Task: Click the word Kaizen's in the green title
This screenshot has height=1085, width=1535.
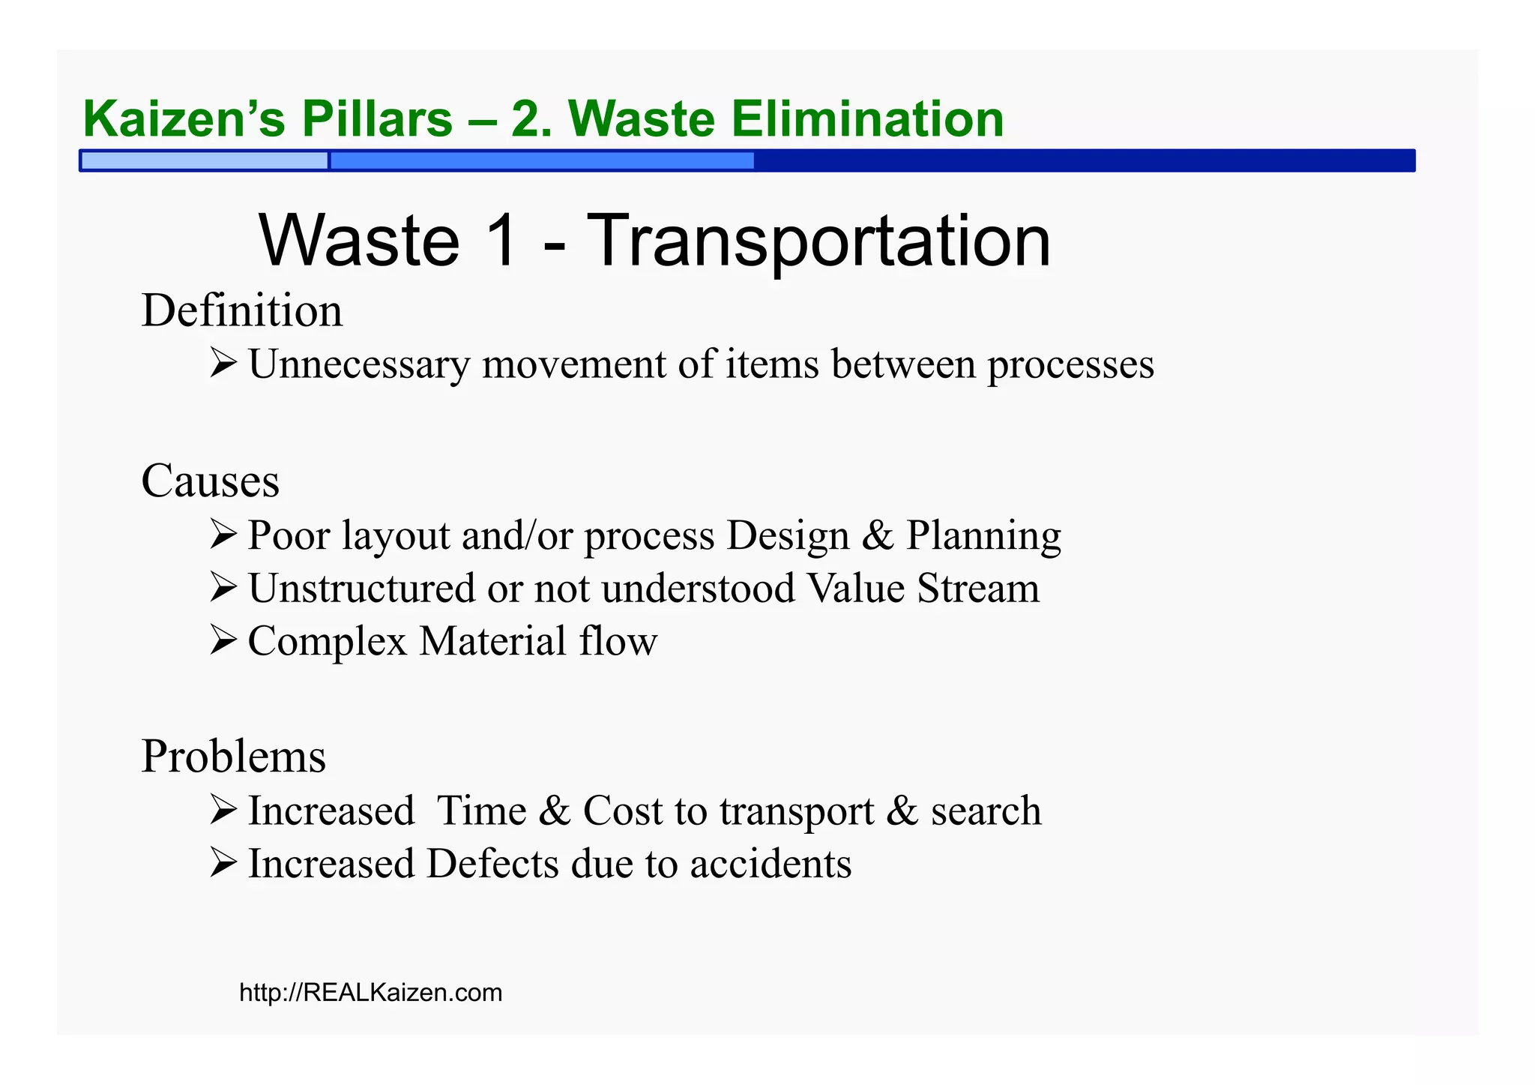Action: point(184,118)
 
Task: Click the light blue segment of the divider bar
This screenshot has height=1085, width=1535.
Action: point(204,160)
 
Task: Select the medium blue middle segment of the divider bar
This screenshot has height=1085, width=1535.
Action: point(541,160)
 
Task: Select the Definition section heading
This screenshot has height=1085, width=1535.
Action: point(241,310)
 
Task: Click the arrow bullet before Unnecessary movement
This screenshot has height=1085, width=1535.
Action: point(223,363)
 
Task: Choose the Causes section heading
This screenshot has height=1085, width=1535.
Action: point(210,480)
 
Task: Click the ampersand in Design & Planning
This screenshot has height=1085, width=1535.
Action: point(878,535)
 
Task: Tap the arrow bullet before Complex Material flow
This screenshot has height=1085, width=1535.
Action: point(223,640)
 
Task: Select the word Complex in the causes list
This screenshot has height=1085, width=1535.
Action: point(328,642)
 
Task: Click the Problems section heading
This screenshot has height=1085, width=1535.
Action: point(233,756)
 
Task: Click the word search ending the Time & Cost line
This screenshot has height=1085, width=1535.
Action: point(986,811)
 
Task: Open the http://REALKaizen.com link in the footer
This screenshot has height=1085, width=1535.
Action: point(370,993)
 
